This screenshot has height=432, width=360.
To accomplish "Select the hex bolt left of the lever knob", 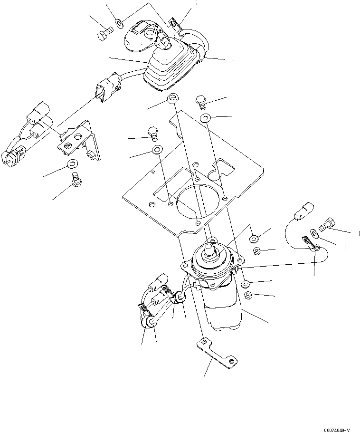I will [104, 35].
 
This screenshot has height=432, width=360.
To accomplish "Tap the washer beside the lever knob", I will [119, 22].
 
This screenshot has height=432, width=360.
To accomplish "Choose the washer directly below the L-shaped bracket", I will [72, 164].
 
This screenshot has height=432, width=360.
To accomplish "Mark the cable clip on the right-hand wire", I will [307, 244].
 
